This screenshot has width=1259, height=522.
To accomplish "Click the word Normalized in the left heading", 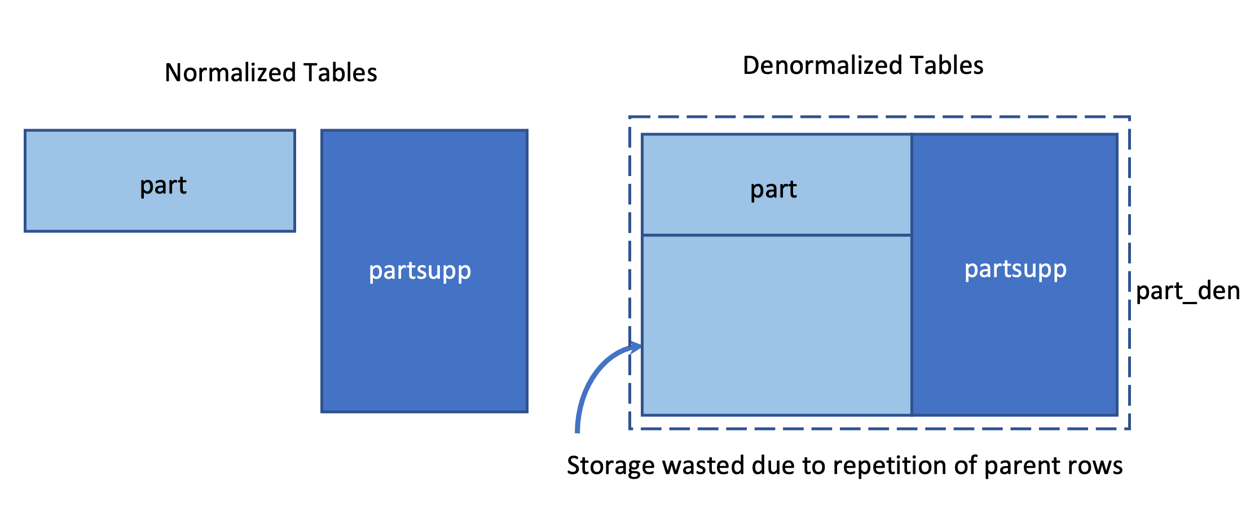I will [231, 73].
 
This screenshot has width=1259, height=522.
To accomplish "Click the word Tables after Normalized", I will [340, 73].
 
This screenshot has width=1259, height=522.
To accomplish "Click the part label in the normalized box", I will [163, 186].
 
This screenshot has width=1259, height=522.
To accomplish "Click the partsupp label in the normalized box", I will [420, 271].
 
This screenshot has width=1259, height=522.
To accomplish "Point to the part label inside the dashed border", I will [773, 190].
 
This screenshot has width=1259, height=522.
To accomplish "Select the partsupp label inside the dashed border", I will [1015, 269].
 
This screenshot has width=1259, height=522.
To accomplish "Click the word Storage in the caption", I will [610, 466].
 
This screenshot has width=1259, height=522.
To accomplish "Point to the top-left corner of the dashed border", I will [630, 117].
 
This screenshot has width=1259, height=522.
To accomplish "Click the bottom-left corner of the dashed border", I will [630, 428].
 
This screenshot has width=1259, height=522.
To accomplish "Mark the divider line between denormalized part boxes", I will [777, 235].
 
